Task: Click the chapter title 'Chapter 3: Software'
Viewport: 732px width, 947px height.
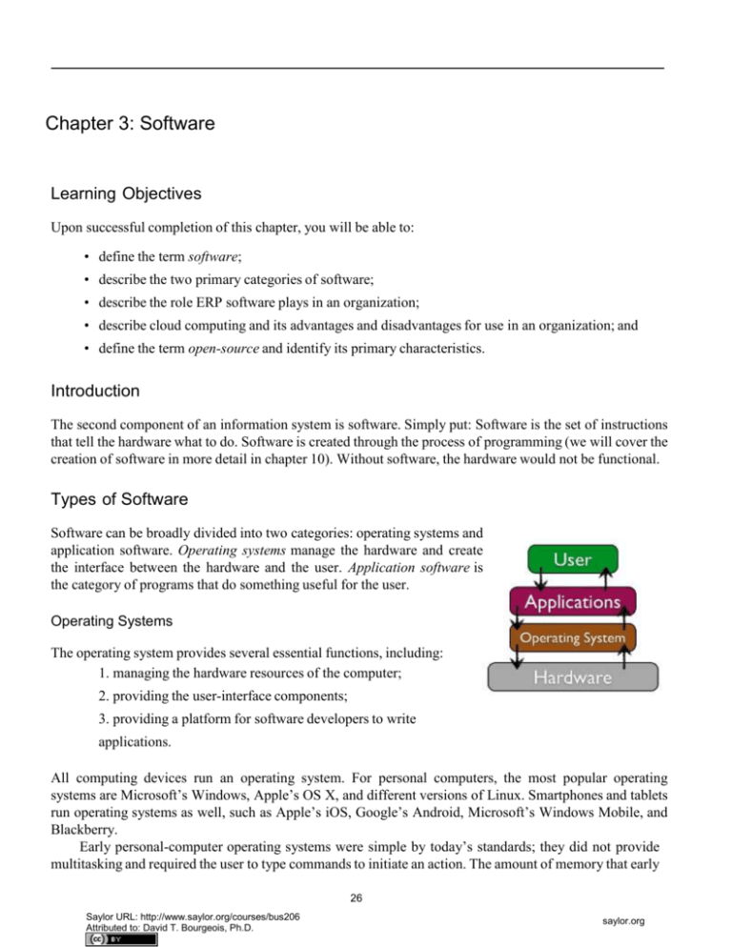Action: (x=130, y=124)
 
